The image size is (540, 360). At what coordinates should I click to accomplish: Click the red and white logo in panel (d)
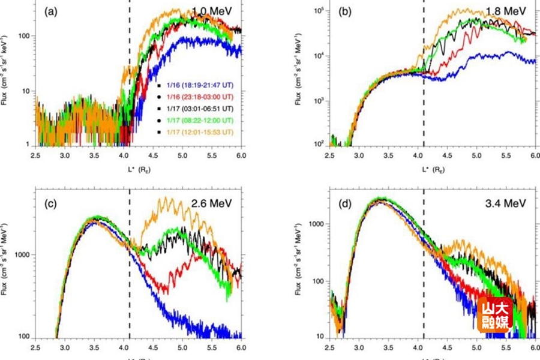[x=495, y=315]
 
